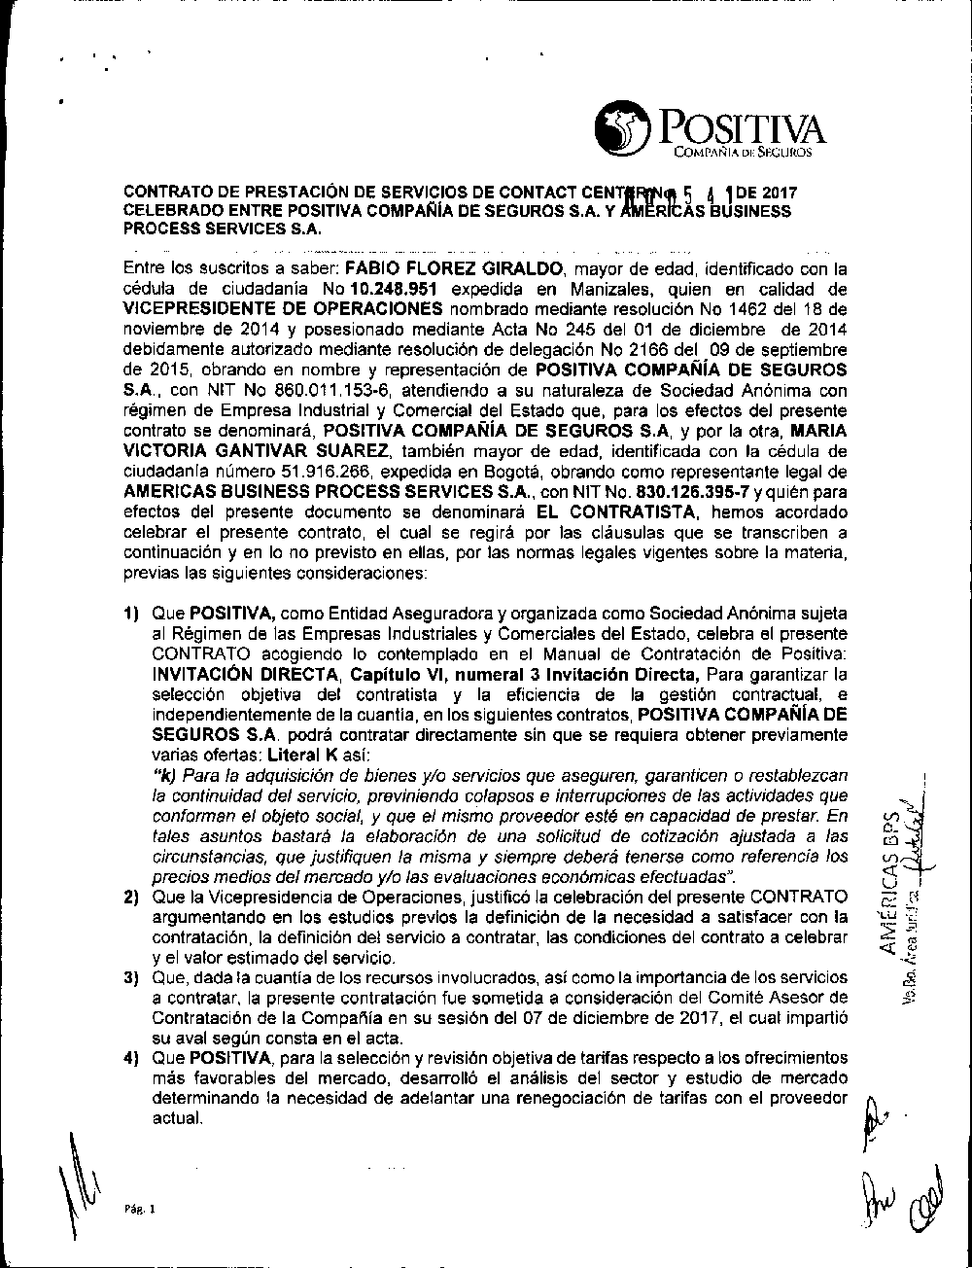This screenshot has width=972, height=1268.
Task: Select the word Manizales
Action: point(589,289)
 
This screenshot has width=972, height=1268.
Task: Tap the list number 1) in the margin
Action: point(131,615)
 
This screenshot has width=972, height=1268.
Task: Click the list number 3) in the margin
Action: point(131,977)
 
